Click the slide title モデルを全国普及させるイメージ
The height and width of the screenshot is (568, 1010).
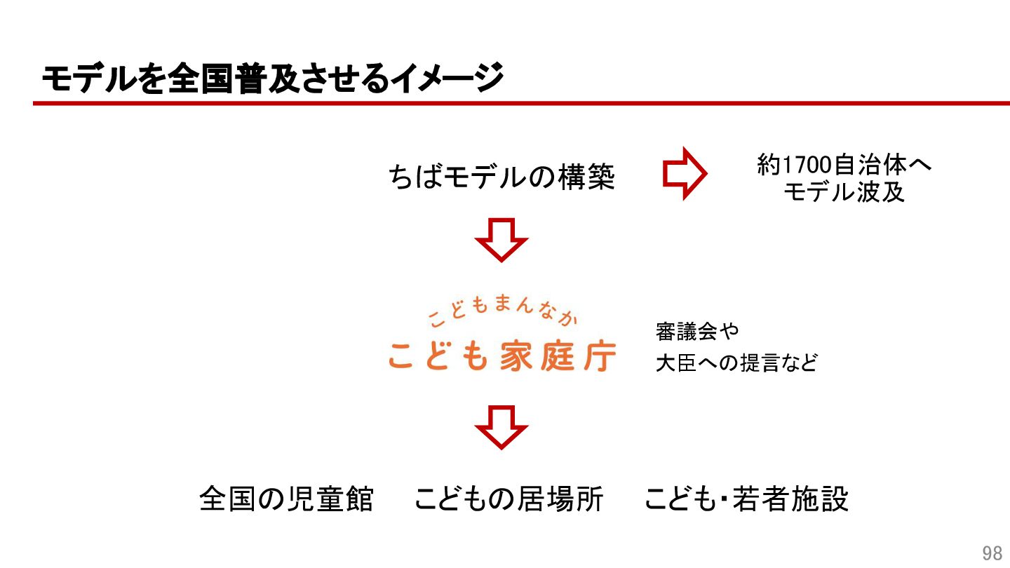click(x=272, y=78)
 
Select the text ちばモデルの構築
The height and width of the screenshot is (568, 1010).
click(x=501, y=177)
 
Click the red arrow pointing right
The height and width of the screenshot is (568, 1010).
click(x=685, y=174)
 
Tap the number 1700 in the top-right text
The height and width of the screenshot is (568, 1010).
click(x=804, y=165)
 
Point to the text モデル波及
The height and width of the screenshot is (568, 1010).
click(x=844, y=192)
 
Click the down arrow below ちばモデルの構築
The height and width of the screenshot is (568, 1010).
click(x=501, y=240)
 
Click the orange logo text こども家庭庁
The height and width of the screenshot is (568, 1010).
click(x=502, y=356)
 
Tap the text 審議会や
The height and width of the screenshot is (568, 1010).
click(x=697, y=330)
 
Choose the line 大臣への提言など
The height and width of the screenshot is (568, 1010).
click(x=736, y=363)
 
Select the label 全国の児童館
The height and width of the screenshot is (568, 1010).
click(x=286, y=499)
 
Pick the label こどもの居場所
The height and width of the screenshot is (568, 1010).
click(x=509, y=499)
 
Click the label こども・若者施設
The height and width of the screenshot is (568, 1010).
click(x=746, y=499)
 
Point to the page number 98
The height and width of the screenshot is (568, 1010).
click(x=992, y=553)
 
